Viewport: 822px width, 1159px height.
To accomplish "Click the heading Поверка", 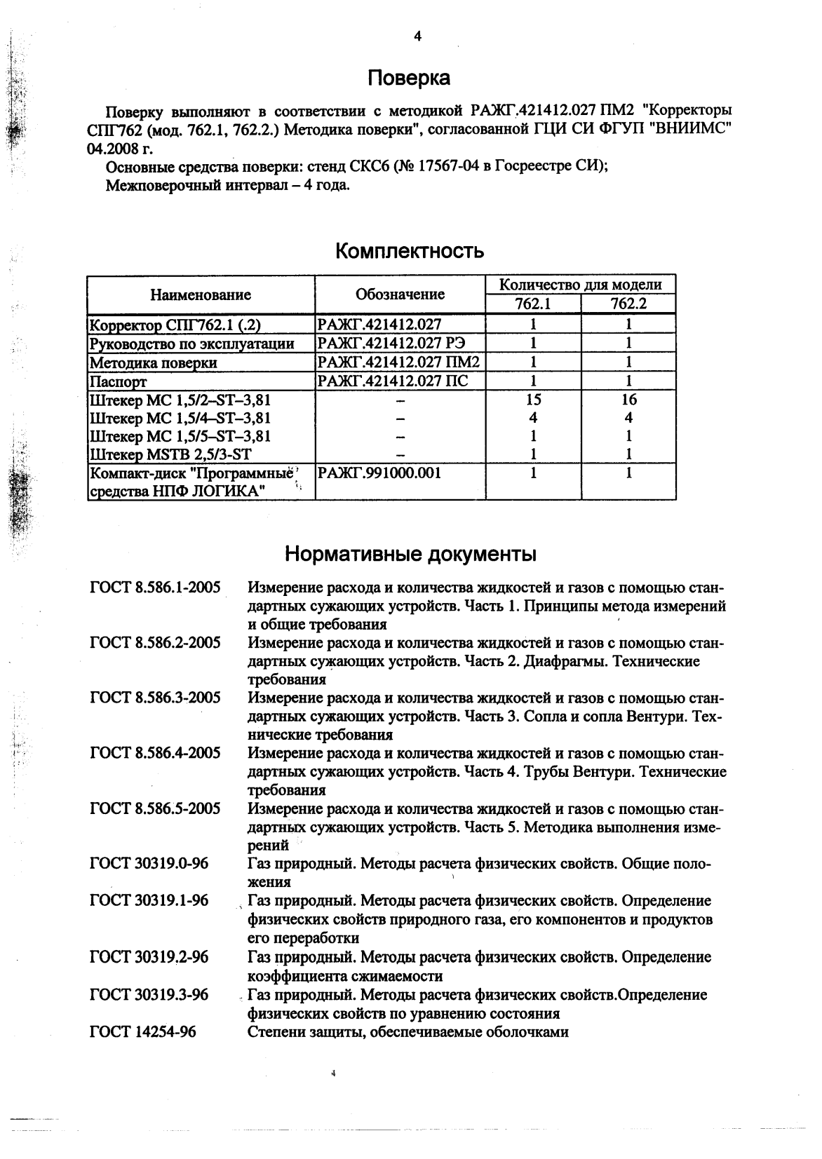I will tap(409, 78).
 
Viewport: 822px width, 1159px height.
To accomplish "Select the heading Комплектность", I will tap(410, 250).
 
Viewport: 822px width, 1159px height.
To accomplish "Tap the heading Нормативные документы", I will tap(410, 555).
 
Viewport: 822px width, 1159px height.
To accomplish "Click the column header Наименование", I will tap(201, 294).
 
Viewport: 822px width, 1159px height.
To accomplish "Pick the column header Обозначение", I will tap(400, 294).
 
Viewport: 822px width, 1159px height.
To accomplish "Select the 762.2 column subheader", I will tap(628, 304).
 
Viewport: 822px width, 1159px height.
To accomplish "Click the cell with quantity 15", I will tap(533, 400).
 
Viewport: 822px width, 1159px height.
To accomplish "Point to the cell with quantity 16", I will tap(628, 400).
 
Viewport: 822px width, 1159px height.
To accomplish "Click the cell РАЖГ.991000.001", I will tap(379, 473).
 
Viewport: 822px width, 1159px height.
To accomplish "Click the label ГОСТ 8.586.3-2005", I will tap(155, 698).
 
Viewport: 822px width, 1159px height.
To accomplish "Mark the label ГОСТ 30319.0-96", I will tap(149, 864).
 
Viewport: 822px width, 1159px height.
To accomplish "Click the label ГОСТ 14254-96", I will tap(143, 1032).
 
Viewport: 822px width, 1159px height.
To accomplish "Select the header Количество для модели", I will tap(580, 285).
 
